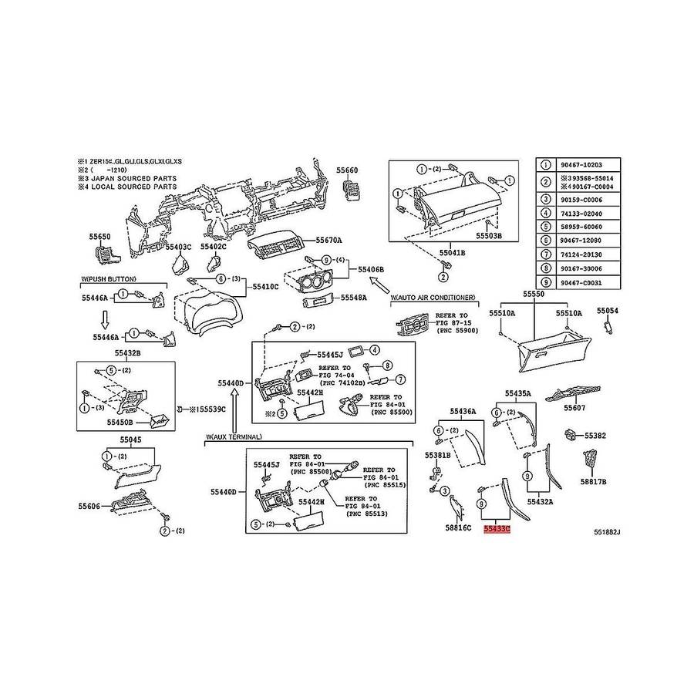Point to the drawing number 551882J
pos(607,532)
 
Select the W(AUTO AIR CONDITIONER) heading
pos(433,297)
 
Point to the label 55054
pos(608,310)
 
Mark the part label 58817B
pos(593,482)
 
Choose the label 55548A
pos(353,297)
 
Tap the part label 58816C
pos(458,528)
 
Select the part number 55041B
pos(453,252)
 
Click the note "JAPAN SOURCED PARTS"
pos(132,178)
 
